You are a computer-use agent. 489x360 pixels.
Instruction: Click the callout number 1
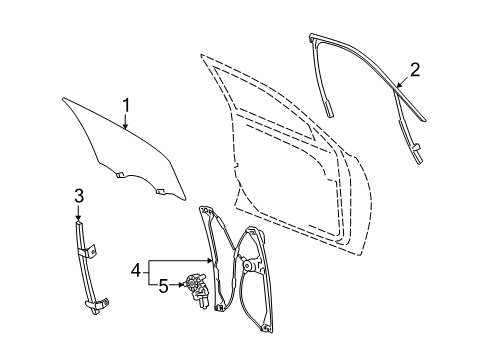click(x=127, y=104)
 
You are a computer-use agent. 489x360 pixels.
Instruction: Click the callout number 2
click(x=413, y=69)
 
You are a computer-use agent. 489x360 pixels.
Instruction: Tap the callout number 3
click(x=78, y=196)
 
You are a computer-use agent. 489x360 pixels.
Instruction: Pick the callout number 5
click(x=162, y=285)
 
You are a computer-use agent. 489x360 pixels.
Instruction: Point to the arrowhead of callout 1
click(x=124, y=130)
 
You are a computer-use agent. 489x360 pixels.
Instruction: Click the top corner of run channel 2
click(x=315, y=39)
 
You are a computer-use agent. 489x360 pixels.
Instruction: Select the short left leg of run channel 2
click(x=327, y=85)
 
